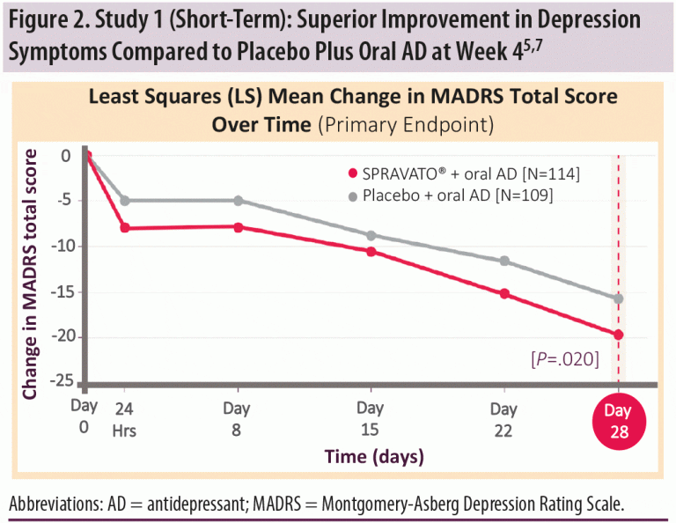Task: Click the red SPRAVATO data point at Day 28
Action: (618, 335)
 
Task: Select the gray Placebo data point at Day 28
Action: (618, 298)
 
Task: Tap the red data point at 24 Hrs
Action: (125, 228)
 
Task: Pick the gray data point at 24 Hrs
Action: (125, 201)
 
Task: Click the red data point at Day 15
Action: (371, 252)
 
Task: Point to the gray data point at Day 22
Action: (504, 261)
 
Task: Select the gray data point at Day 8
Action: (239, 201)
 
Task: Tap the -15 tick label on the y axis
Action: (62, 291)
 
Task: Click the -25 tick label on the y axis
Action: (62, 381)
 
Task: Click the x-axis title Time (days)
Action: (374, 457)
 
